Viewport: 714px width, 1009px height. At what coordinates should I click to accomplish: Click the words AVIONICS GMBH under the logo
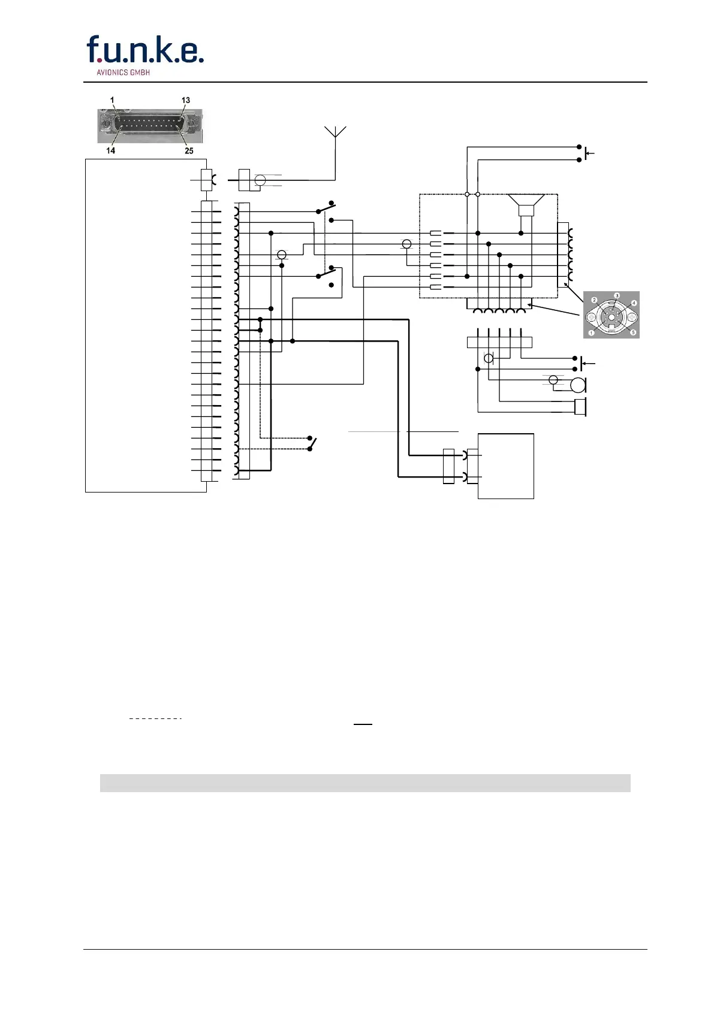(123, 72)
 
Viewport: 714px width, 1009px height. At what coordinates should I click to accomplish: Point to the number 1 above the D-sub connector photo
(112, 101)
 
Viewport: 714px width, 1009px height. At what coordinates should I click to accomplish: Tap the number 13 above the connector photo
(186, 101)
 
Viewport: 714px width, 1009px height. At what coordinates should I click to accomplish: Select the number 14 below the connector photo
(111, 150)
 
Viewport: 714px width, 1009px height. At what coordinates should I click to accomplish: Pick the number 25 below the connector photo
(189, 150)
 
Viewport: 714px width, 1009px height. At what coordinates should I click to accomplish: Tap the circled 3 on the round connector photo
(616, 296)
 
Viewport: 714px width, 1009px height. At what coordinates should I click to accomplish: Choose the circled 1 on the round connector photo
(592, 333)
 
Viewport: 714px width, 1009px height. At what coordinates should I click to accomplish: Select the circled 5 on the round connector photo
(632, 332)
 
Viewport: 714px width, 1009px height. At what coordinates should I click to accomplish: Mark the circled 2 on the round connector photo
(594, 300)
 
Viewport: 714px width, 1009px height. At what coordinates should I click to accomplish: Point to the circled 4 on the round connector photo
(634, 303)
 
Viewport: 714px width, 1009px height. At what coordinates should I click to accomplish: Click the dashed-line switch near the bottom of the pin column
(311, 443)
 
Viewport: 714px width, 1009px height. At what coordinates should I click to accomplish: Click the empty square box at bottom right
(505, 466)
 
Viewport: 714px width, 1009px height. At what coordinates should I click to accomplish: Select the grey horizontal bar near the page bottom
(364, 783)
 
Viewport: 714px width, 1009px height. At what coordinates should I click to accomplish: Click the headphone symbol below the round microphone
(580, 407)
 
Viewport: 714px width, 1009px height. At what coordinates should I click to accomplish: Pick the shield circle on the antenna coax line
(260, 180)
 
